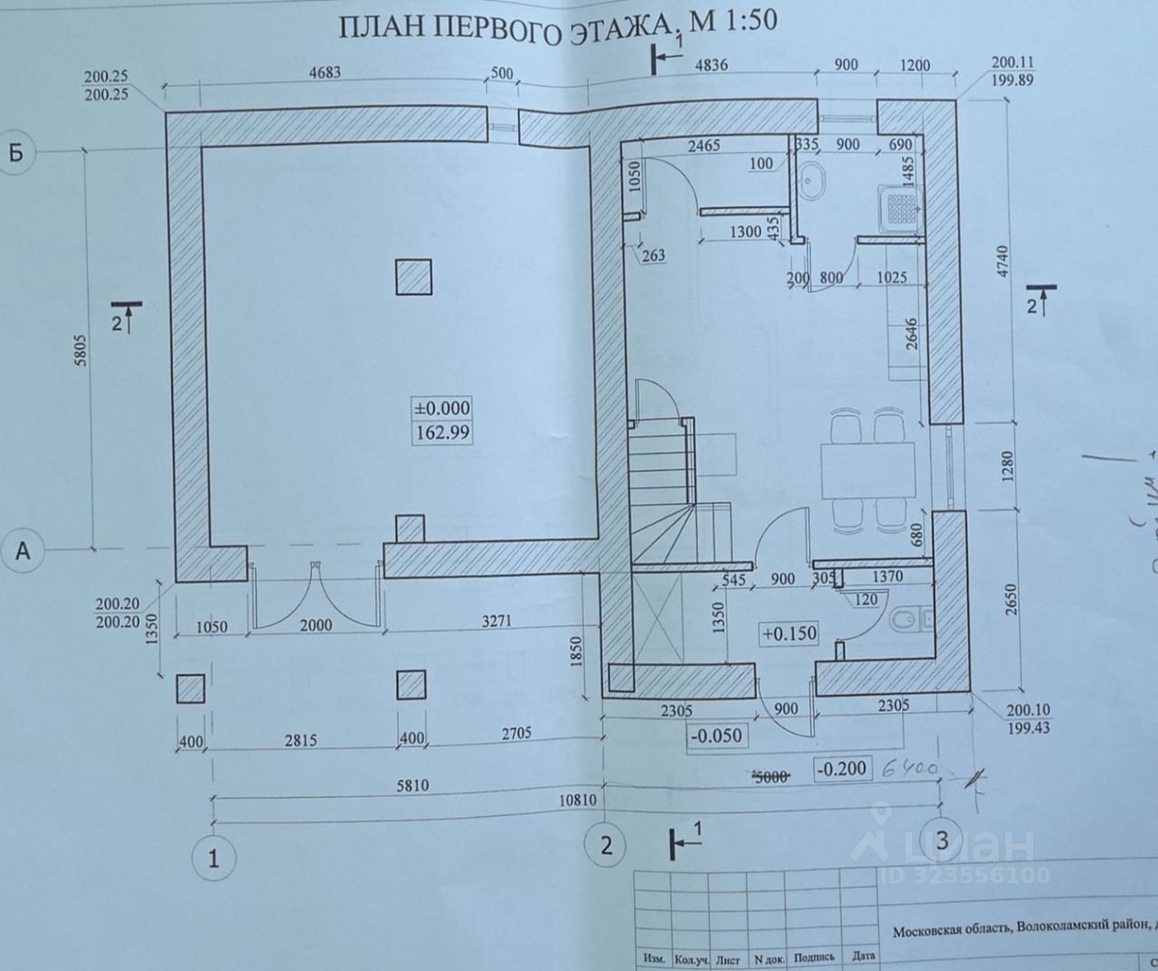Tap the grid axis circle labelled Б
point(16,152)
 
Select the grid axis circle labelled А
point(23,550)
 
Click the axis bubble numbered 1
point(214,857)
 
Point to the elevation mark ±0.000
point(442,409)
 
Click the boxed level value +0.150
point(789,633)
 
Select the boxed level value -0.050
point(716,735)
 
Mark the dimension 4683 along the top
point(324,73)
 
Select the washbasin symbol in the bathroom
point(812,179)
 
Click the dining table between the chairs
point(867,471)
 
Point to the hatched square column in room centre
point(413,275)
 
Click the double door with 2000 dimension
point(316,593)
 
